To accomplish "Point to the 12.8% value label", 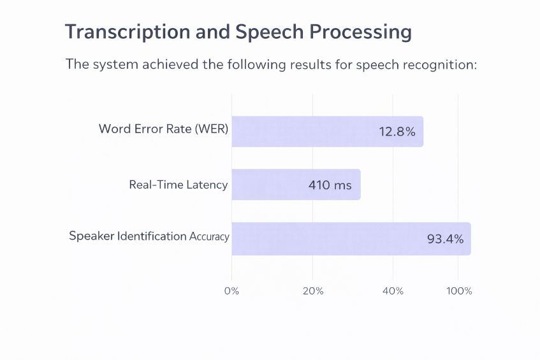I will (397, 133).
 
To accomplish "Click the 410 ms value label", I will (329, 185).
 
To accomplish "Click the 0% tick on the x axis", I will (231, 291).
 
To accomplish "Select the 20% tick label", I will (312, 291).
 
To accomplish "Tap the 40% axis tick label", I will (393, 291).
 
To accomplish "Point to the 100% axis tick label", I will (459, 291).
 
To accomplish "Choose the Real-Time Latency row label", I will (178, 185).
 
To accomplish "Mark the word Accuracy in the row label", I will (209, 236).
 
